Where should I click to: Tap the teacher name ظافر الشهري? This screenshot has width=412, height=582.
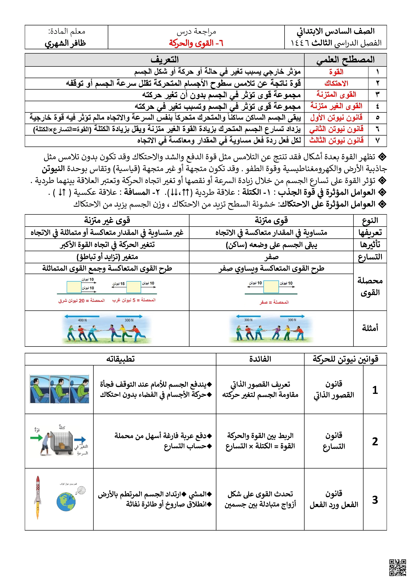click(65, 43)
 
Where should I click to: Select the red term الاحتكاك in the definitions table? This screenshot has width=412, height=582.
click(336, 83)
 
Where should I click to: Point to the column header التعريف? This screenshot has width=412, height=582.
click(165, 60)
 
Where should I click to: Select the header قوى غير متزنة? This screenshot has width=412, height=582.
click(107, 220)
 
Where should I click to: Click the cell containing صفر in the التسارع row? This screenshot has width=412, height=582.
click(271, 257)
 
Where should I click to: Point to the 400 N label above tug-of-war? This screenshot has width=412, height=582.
click(82, 320)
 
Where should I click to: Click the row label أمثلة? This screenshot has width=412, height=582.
click(370, 328)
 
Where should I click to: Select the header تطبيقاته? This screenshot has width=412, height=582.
click(120, 359)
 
